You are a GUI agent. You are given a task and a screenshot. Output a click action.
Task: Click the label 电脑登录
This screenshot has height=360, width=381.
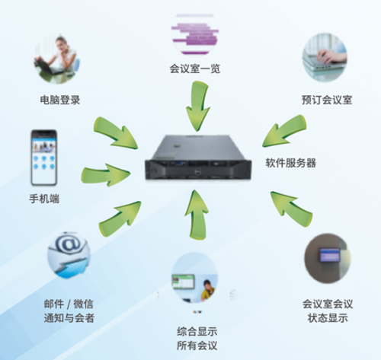click(x=60, y=100)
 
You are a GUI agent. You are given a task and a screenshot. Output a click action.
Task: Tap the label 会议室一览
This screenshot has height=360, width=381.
click(x=195, y=68)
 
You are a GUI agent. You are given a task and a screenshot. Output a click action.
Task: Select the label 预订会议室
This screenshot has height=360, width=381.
click(x=327, y=100)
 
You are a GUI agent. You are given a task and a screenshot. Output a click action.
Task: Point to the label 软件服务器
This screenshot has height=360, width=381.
click(x=291, y=163)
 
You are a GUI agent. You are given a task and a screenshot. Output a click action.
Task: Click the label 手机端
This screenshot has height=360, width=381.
click(x=44, y=199)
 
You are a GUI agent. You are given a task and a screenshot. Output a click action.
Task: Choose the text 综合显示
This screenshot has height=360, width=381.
click(x=197, y=332)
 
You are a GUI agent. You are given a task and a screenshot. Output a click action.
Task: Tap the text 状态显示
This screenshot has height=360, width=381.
click(x=328, y=318)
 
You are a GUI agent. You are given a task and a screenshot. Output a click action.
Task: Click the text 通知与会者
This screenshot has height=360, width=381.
click(x=69, y=318)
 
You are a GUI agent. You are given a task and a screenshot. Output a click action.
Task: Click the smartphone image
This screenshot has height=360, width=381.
click(x=43, y=158)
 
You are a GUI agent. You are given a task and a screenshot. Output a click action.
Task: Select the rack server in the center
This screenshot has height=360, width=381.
click(x=198, y=158)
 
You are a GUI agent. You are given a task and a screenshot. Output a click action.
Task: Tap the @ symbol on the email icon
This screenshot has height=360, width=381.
click(x=68, y=244)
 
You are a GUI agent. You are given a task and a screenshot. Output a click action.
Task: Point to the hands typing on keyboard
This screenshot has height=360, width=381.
click(x=328, y=56)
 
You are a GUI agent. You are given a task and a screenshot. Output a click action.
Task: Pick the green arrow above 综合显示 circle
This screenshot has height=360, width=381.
click(x=197, y=215)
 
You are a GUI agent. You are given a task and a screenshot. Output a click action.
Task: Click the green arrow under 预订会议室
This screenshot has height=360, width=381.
click(x=284, y=131)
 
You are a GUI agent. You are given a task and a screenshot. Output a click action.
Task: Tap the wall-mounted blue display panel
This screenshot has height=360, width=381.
click(x=329, y=255)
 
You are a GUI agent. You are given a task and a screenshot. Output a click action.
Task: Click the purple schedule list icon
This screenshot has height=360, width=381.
click(x=195, y=35)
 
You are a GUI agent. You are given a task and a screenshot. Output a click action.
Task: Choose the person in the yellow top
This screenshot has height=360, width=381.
click(x=207, y=291)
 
